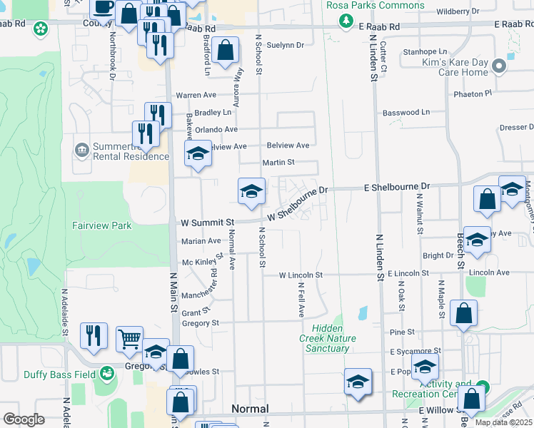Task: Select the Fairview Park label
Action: click(102, 225)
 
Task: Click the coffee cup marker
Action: click(104, 7)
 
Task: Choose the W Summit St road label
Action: click(206, 222)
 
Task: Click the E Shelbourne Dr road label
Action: click(398, 186)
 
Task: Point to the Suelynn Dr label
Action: click(285, 45)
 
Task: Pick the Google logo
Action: click(24, 419)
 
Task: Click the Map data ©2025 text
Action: click(503, 422)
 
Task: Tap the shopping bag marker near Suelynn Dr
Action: click(225, 51)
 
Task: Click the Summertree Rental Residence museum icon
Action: click(81, 150)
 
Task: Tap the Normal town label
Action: click(250, 409)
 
